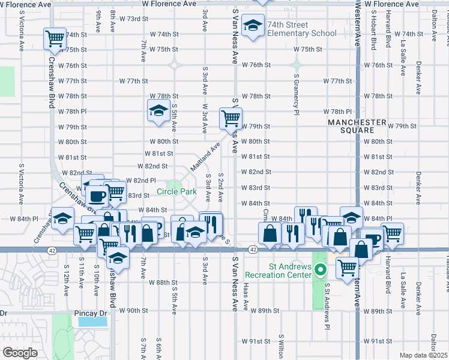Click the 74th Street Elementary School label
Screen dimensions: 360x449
[302, 29]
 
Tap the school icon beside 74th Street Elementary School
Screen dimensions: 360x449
[255, 26]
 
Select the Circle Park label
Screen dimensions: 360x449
[176, 192]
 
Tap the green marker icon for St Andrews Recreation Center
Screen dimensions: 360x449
[321, 270]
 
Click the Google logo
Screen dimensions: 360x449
[19, 353]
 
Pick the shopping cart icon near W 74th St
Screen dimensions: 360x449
[55, 39]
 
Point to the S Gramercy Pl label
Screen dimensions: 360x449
[297, 95]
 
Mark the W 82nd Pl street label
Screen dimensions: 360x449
[142, 181]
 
